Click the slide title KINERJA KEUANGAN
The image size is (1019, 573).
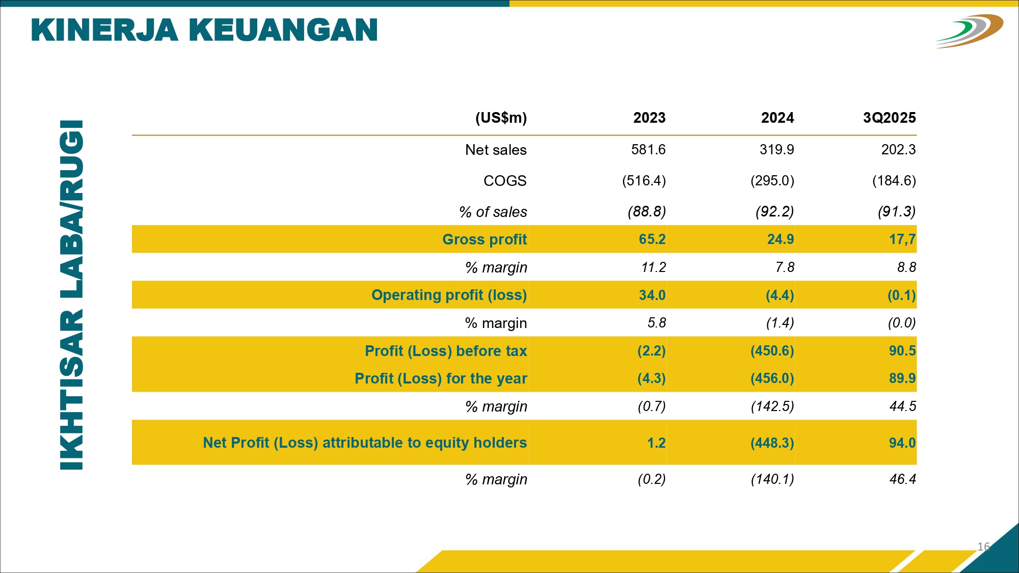click(204, 30)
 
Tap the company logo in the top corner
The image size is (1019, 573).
click(969, 31)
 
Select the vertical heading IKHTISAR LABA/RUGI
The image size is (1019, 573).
click(72, 295)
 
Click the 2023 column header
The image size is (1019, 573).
click(649, 118)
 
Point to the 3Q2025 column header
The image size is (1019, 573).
click(889, 118)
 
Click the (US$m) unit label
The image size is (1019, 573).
click(501, 118)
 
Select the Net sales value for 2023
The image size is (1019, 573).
click(648, 150)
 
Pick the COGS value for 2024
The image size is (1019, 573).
click(772, 181)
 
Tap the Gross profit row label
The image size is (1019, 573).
click(484, 239)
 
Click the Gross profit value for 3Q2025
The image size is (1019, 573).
click(902, 239)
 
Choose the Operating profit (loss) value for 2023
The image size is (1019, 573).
click(652, 295)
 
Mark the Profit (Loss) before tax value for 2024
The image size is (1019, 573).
click(772, 351)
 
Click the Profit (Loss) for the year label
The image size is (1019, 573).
click(441, 378)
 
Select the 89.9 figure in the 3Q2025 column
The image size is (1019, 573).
click(902, 378)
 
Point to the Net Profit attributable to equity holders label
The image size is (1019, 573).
click(364, 443)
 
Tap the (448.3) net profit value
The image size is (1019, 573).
click(772, 443)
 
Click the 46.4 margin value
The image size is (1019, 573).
click(902, 479)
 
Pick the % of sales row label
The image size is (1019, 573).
click(493, 212)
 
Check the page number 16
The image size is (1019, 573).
click(983, 547)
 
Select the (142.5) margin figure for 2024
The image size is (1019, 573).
click(772, 406)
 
